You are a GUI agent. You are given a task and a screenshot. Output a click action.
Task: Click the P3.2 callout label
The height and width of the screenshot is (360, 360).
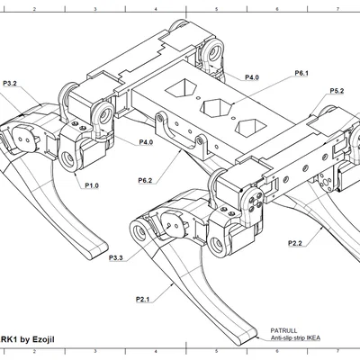click(10, 84)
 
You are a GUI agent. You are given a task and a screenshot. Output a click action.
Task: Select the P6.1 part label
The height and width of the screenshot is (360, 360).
click(301, 73)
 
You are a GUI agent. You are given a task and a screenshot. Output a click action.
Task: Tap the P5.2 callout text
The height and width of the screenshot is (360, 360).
click(337, 91)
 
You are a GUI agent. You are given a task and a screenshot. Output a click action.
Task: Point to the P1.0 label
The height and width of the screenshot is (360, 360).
click(92, 185)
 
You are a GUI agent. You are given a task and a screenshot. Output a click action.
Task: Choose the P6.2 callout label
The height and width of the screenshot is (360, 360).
click(145, 181)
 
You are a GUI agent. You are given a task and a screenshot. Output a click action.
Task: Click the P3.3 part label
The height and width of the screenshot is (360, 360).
click(116, 257)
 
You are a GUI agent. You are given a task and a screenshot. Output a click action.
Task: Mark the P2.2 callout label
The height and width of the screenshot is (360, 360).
click(295, 243)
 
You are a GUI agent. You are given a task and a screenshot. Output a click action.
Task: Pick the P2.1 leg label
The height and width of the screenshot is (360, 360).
click(142, 299)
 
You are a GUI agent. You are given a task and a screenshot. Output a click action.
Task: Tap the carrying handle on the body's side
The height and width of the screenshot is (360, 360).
click(181, 134)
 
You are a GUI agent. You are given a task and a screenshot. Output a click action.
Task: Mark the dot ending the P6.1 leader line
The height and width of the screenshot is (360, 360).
click(234, 103)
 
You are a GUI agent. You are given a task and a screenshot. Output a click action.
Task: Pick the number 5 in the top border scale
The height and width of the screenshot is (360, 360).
click(216, 9)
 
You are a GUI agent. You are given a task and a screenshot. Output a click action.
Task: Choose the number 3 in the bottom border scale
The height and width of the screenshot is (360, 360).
click(95, 351)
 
